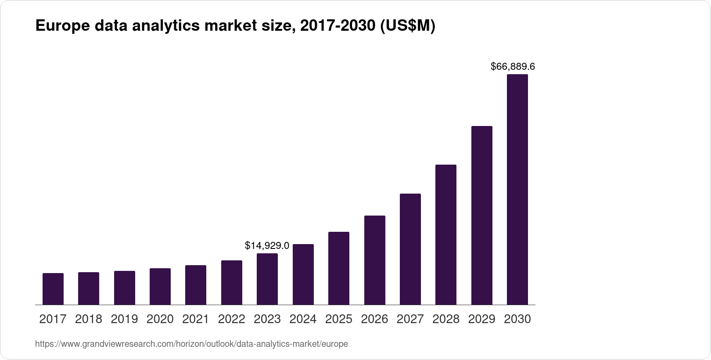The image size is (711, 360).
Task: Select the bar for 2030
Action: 517,189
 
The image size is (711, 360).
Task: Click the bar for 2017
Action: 53,288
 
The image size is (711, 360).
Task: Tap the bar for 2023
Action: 267,279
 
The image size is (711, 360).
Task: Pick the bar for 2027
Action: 410,249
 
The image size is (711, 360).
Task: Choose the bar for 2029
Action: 482,215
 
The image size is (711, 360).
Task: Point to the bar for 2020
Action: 160,286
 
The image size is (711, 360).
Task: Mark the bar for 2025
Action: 339,268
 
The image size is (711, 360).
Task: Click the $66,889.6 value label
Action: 513,67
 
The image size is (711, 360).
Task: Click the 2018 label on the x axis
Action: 89,319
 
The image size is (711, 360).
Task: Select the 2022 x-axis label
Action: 232,319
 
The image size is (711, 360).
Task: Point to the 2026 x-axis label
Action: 374,319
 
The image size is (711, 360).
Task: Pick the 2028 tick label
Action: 446,319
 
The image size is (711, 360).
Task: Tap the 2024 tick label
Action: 303,319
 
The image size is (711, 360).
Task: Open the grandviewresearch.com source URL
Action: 191,344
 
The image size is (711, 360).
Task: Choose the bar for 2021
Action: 196,284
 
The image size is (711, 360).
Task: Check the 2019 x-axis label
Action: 125,319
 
